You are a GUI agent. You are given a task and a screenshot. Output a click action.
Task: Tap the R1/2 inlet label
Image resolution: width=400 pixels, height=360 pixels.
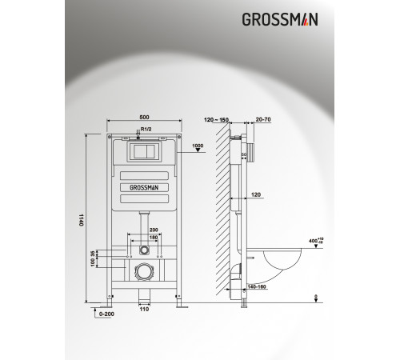(x=146, y=128)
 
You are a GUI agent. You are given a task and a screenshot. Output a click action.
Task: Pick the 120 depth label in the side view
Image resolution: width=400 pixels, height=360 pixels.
(x=255, y=194)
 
